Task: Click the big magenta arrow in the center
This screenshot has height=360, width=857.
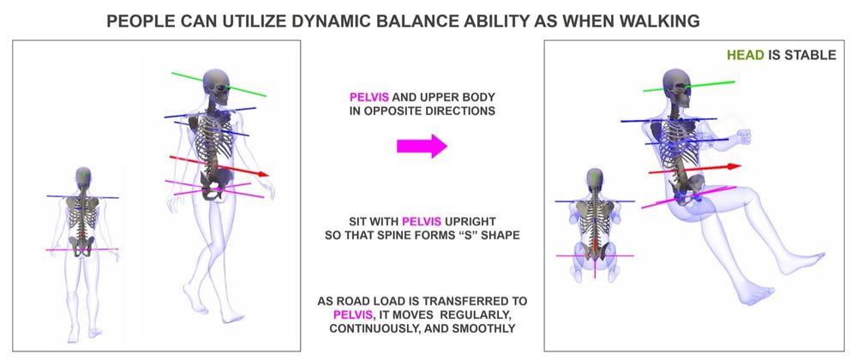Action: tap(422, 146)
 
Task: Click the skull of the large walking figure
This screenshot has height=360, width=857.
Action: tap(216, 85)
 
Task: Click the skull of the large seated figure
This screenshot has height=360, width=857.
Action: tap(677, 87)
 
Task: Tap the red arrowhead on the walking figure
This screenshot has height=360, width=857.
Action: tap(263, 174)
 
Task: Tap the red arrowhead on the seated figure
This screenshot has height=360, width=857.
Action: tap(734, 166)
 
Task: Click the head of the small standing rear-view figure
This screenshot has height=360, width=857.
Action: tap(83, 177)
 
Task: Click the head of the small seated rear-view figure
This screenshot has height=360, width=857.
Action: tap(595, 179)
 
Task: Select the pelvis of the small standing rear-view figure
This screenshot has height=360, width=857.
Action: tap(82, 247)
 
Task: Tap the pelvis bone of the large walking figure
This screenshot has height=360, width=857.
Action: tap(213, 183)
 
